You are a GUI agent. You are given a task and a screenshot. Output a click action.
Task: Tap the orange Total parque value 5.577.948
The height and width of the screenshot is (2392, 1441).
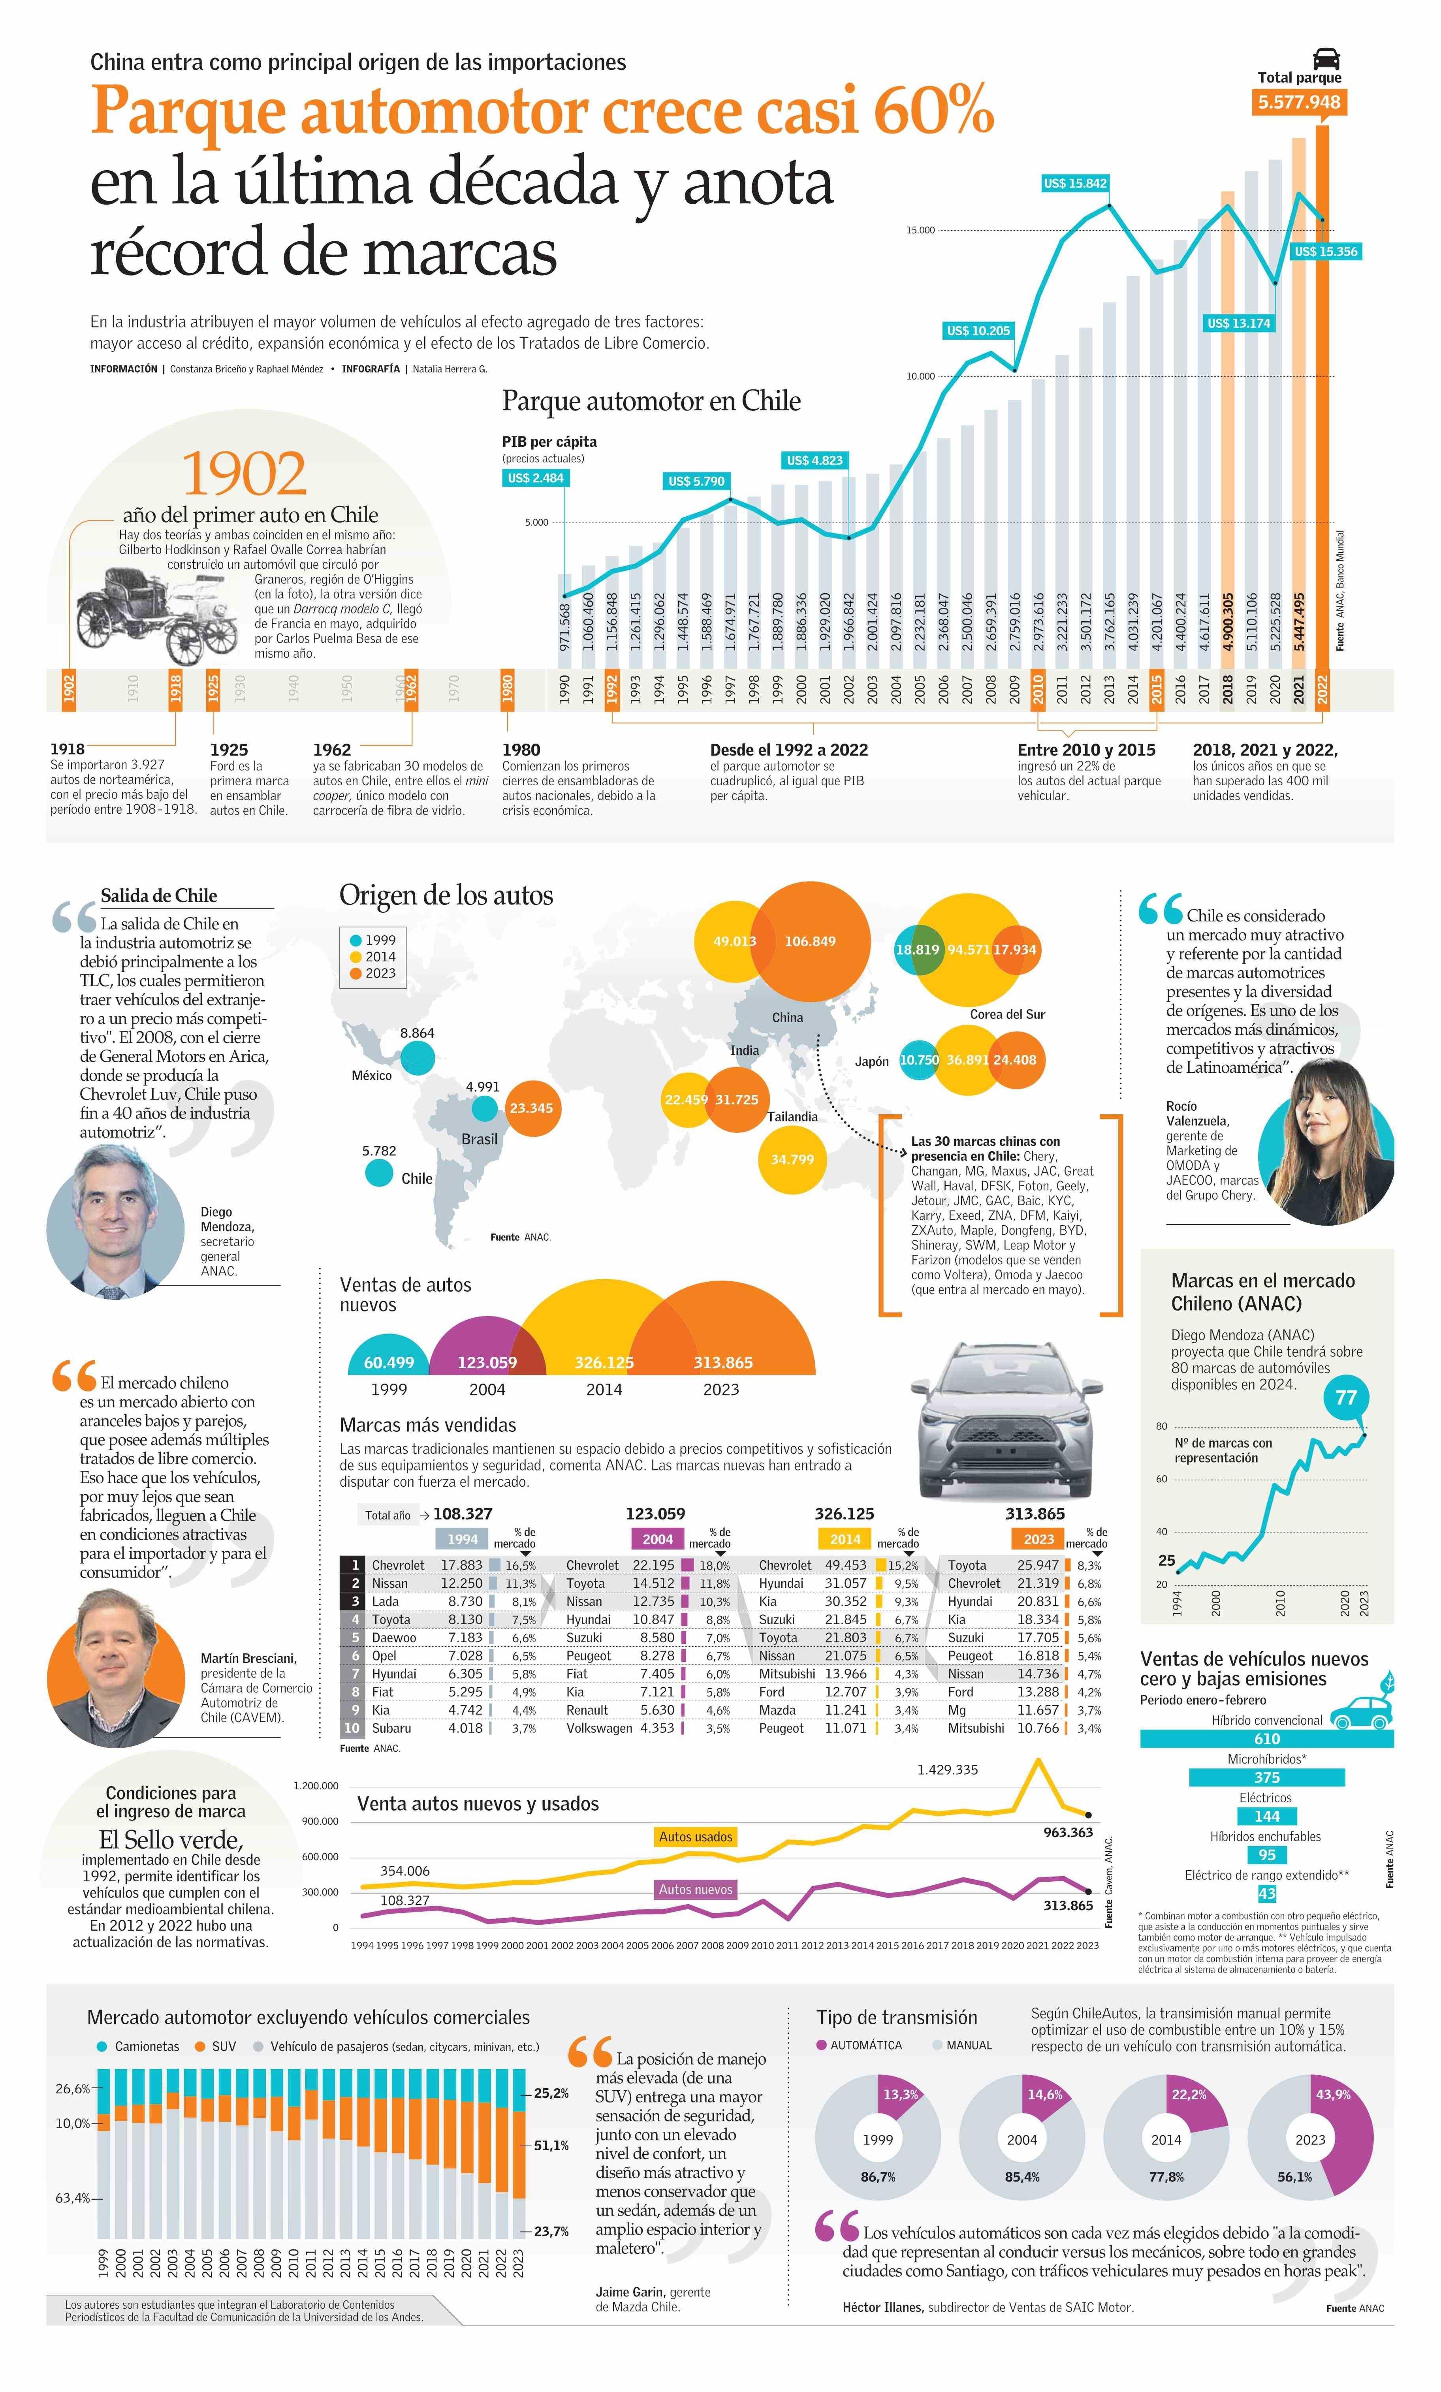pyautogui.click(x=1299, y=102)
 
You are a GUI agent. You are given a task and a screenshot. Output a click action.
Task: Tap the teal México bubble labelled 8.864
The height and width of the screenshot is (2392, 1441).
pyautogui.click(x=418, y=1057)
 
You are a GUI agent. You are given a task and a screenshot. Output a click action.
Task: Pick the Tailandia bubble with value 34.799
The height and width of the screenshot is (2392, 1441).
pyautogui.click(x=792, y=1159)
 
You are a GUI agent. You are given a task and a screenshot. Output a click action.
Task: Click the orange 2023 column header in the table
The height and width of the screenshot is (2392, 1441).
pyautogui.click(x=1038, y=1539)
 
